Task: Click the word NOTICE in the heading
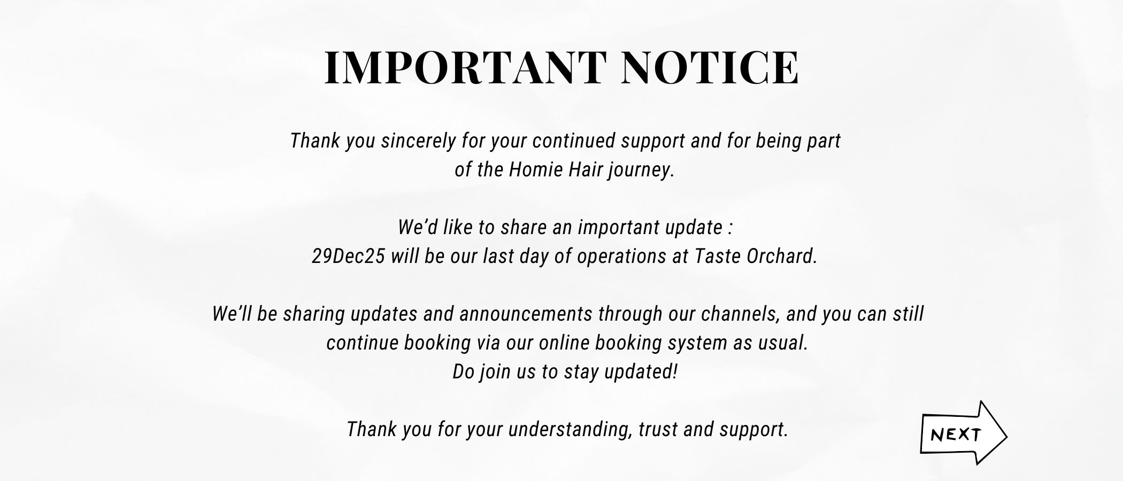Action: (711, 68)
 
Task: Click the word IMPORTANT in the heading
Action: (465, 68)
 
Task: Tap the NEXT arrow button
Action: (963, 433)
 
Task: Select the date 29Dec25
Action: (348, 257)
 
